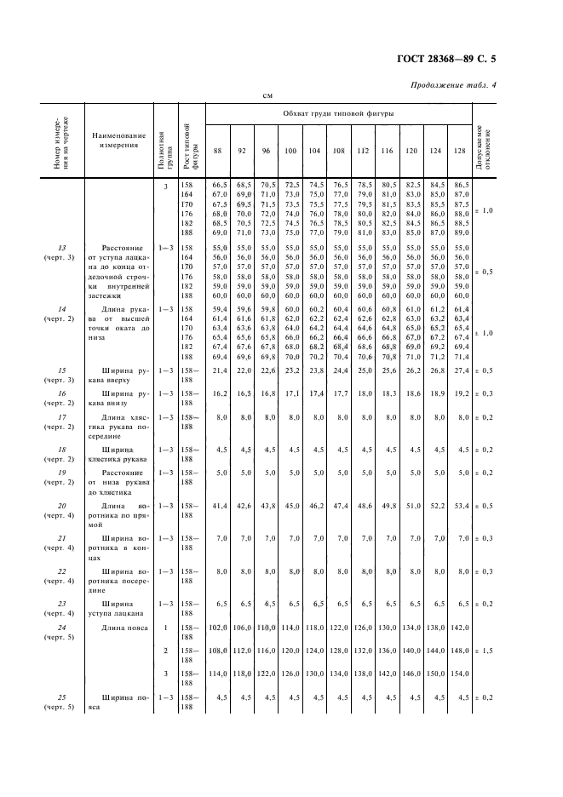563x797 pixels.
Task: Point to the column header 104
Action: click(x=314, y=151)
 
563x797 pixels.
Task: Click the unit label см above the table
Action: click(x=266, y=96)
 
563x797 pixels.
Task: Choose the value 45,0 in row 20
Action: click(x=290, y=506)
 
